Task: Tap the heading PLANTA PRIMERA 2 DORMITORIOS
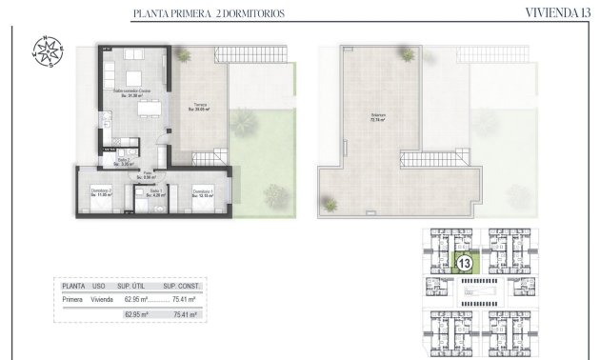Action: [x=210, y=13]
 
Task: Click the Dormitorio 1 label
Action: [x=201, y=193]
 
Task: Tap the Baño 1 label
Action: [x=154, y=194]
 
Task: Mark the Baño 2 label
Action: [x=123, y=162]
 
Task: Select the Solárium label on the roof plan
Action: [x=377, y=118]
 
